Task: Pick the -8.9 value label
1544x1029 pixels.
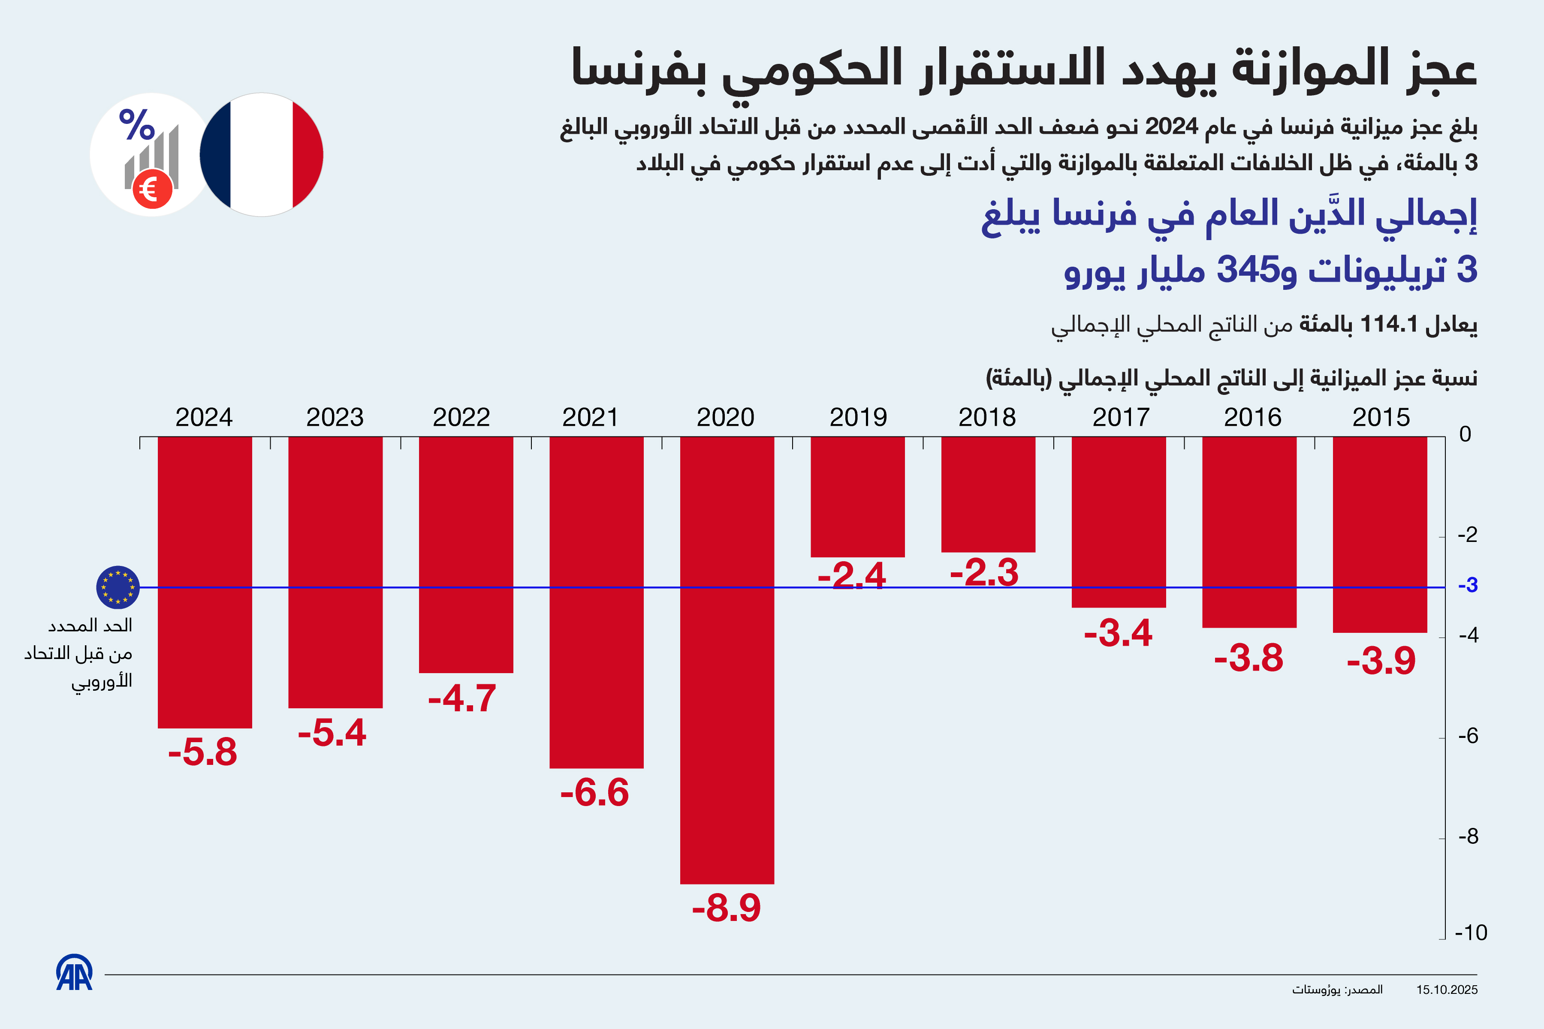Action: click(726, 908)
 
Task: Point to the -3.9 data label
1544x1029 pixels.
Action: click(1381, 661)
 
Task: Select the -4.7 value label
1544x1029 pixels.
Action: click(462, 698)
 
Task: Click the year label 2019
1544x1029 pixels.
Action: click(858, 417)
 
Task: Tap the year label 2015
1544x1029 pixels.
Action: click(1381, 417)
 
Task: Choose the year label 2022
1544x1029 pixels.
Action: click(461, 417)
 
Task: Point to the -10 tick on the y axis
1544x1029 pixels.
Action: click(1471, 933)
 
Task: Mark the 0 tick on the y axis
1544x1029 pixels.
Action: click(1465, 434)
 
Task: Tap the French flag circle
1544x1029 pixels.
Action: click(261, 155)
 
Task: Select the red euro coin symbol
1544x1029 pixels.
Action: click(152, 189)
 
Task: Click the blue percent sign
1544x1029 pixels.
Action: click(136, 125)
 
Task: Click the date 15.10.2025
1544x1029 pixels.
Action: click(1447, 990)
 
